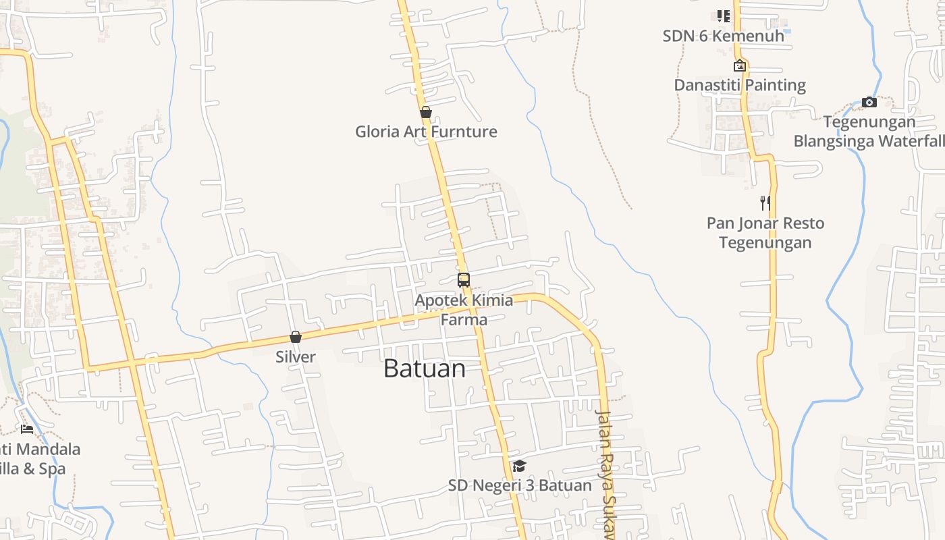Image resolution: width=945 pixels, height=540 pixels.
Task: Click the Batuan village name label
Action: (425, 369)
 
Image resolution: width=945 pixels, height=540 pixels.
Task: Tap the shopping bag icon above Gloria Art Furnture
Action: (426, 112)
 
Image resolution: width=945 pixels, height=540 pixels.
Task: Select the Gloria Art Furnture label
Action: (426, 132)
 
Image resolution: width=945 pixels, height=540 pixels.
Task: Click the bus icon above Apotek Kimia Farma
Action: (464, 280)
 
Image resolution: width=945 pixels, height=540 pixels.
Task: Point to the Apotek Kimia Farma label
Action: (464, 309)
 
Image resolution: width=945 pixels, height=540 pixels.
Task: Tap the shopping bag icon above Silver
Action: (296, 337)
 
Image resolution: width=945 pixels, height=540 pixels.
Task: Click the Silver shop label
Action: (296, 356)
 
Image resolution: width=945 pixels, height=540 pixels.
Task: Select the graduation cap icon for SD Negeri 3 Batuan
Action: (519, 466)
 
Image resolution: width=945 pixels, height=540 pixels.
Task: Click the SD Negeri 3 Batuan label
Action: (520, 485)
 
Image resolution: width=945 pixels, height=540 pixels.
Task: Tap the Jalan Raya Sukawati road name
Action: (605, 473)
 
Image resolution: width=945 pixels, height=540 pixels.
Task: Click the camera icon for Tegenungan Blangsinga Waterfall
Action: (869, 103)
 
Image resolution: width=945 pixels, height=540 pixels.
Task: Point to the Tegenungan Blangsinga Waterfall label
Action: (869, 132)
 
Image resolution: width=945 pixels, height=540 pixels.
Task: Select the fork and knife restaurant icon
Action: (765, 203)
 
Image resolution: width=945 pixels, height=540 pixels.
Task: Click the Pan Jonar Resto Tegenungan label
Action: (765, 232)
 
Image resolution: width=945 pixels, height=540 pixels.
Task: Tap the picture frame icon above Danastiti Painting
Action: (740, 65)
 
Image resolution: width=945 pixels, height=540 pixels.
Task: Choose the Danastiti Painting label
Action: (740, 85)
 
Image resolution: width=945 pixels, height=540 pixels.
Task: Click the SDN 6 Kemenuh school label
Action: (724, 36)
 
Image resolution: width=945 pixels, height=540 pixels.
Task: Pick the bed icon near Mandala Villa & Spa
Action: (27, 429)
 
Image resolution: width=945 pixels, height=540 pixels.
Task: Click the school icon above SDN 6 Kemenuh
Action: (724, 16)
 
